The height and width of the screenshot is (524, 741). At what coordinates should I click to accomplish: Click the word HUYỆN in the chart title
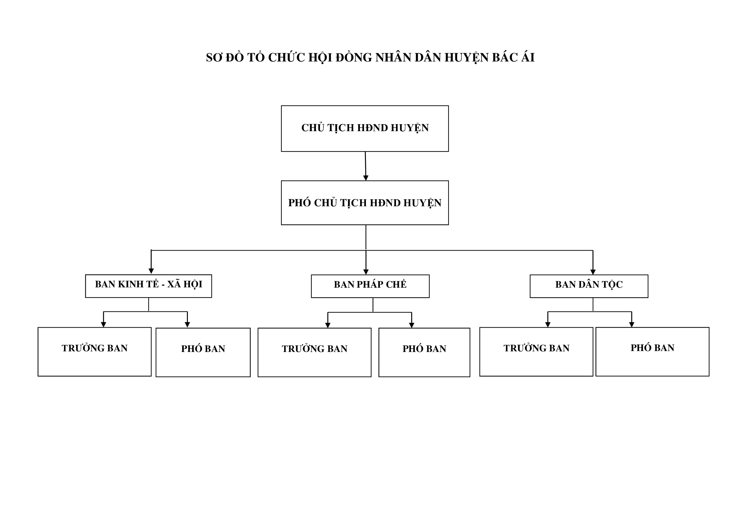tap(467, 58)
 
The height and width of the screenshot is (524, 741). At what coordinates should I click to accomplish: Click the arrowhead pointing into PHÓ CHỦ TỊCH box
tap(366, 178)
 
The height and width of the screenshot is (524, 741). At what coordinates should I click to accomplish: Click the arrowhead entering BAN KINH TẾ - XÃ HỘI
tap(151, 271)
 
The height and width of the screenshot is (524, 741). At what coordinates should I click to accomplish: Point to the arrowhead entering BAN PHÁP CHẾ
tap(366, 272)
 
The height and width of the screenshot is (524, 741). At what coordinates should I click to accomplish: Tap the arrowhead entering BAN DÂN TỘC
tap(593, 272)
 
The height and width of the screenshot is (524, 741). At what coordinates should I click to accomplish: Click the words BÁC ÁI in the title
tap(514, 57)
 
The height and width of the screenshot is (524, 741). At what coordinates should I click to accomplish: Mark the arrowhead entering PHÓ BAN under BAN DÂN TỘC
tap(632, 325)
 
